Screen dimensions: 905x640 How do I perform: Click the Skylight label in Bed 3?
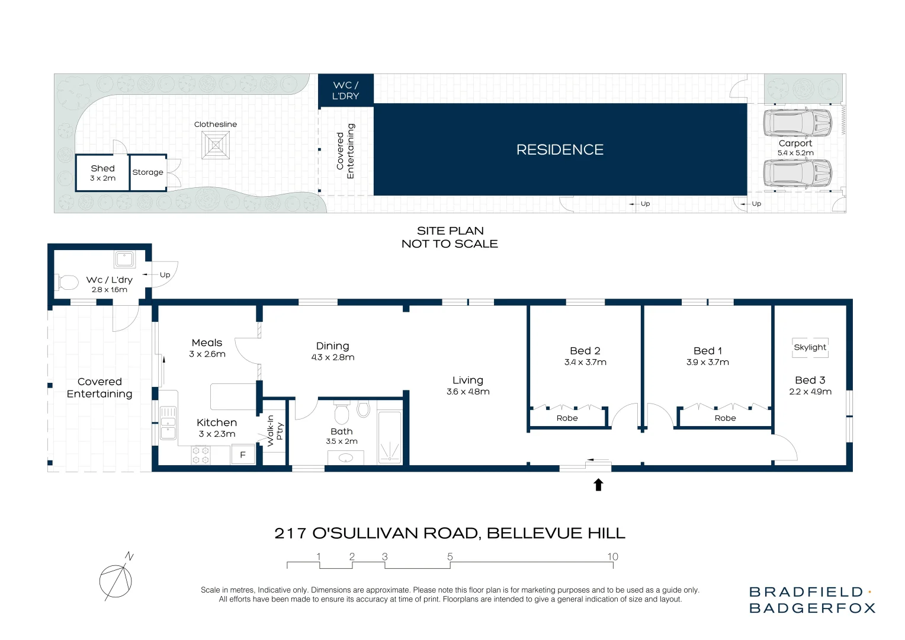coord(810,347)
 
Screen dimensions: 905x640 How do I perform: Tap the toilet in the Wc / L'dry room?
coord(68,282)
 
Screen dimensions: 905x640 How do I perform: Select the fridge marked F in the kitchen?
coord(243,455)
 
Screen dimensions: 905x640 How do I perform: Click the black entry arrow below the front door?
coord(598,485)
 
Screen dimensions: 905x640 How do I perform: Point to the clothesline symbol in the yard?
coord(216,145)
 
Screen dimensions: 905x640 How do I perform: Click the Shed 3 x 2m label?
coord(102,173)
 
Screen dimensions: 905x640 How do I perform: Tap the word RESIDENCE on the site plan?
coord(560,150)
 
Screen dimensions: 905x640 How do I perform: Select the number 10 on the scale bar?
coord(612,556)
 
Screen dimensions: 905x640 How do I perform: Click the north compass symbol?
coord(116,577)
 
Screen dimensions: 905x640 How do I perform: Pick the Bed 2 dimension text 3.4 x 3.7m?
coord(585,362)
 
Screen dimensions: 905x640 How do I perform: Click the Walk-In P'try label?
coord(275,431)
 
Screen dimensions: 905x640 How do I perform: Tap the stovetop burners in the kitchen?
coord(200,455)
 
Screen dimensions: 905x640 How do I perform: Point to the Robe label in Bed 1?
coord(725,418)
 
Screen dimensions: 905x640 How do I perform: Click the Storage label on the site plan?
coord(148,172)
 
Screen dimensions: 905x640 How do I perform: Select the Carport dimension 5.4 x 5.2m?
coord(795,153)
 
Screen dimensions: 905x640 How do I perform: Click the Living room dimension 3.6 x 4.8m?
coord(468,392)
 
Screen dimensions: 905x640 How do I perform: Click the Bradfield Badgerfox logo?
coord(812,600)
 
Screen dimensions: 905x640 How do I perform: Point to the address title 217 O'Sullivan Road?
coord(450,533)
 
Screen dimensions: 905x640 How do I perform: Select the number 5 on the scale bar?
coord(450,556)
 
